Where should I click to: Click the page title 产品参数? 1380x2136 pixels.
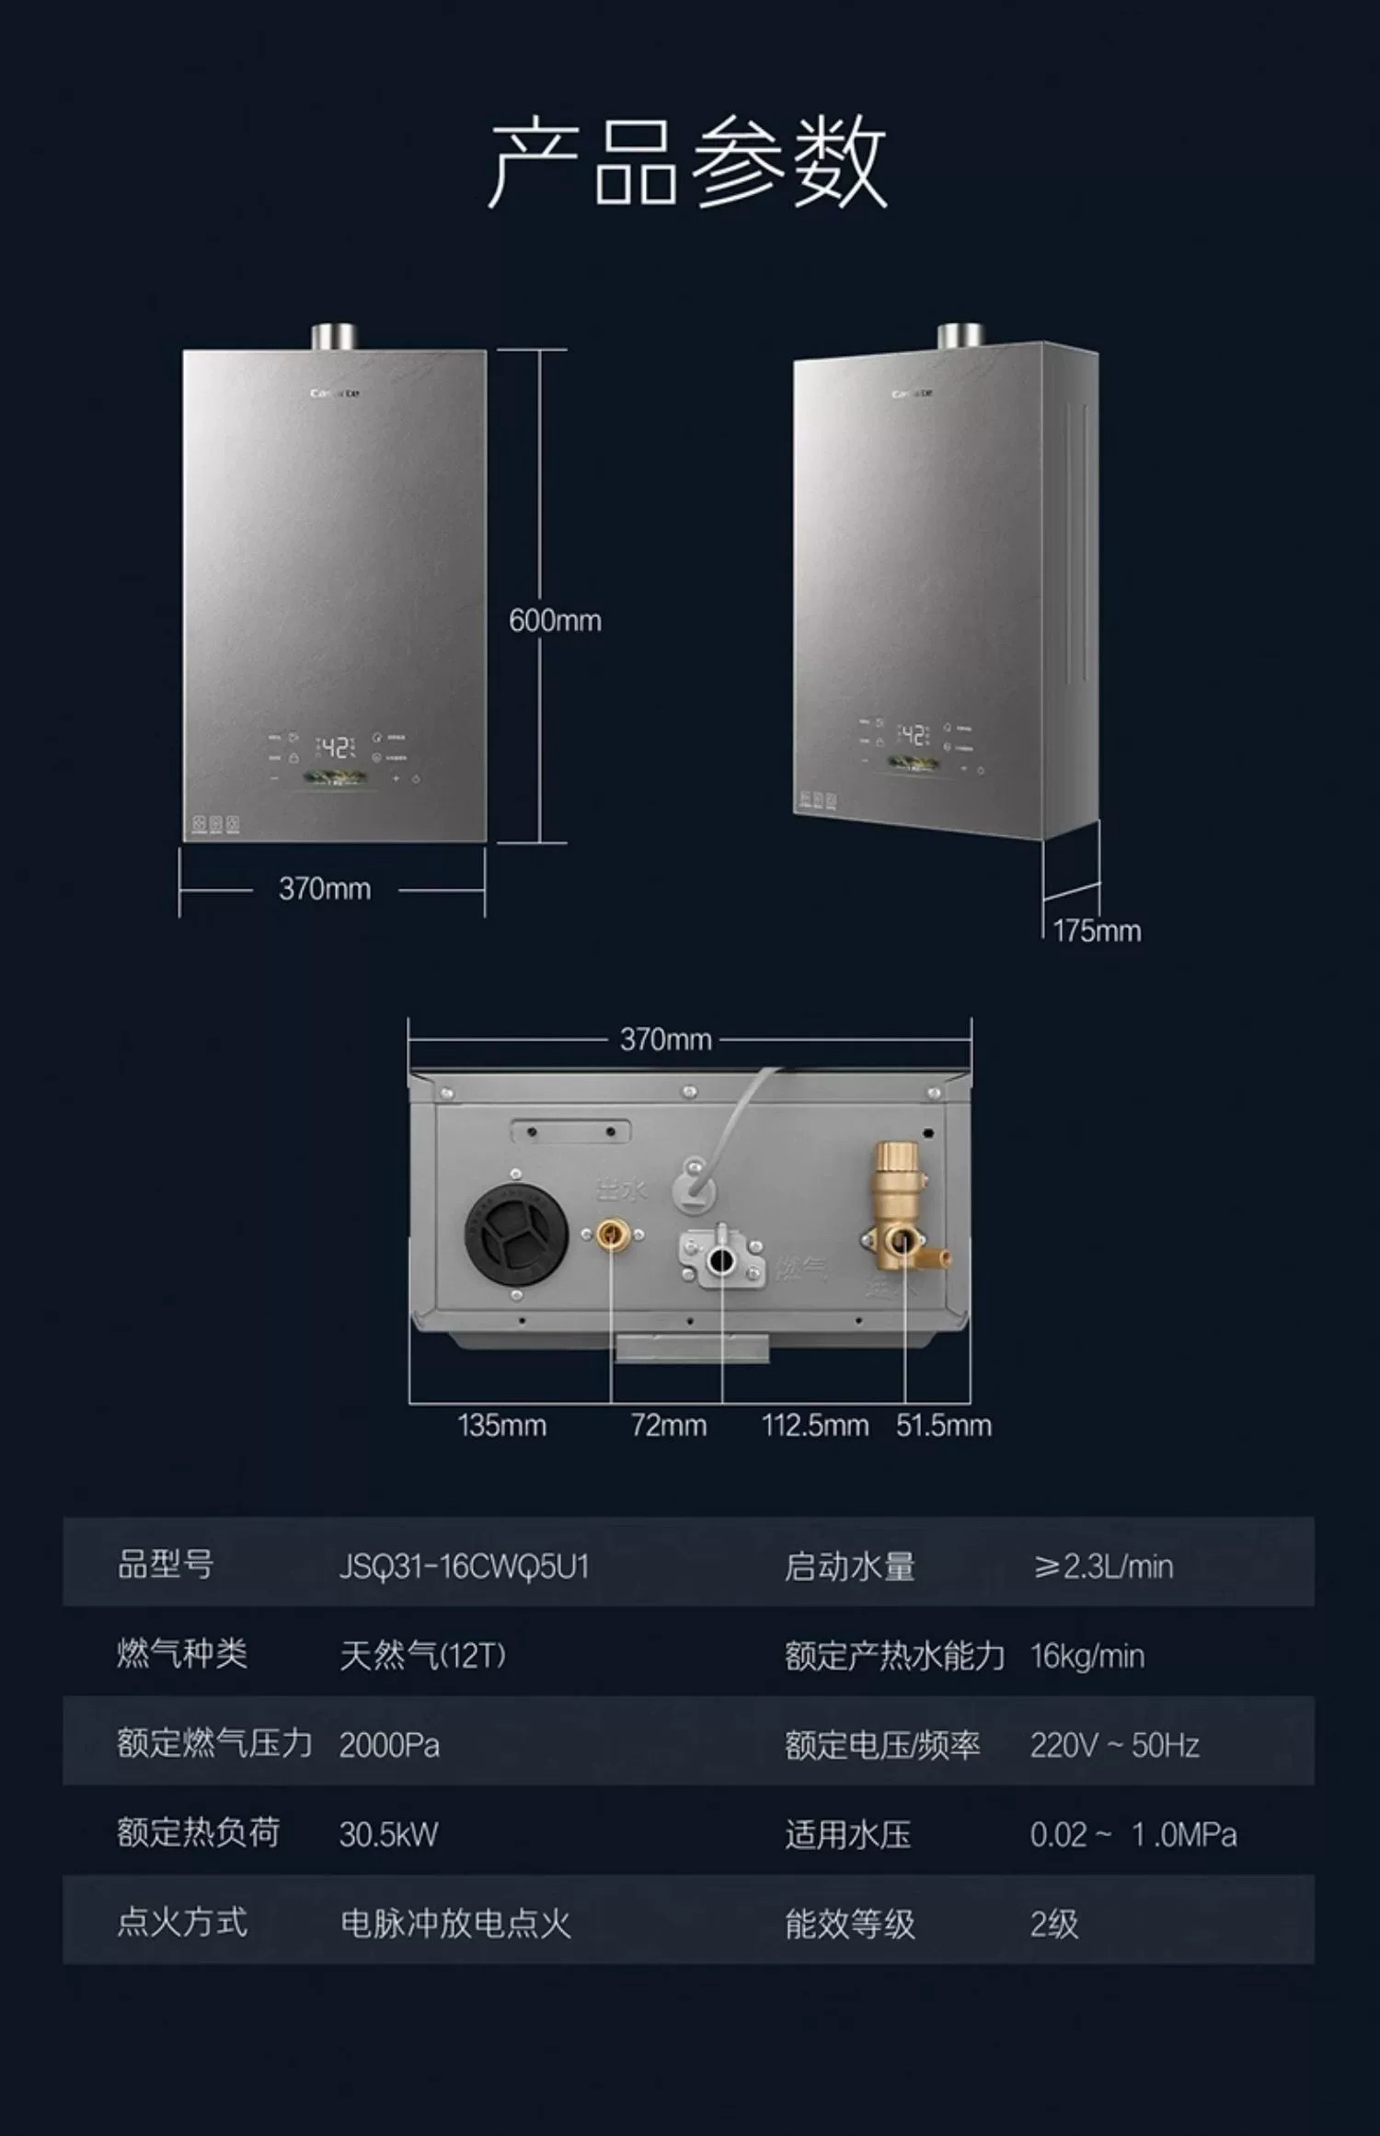pos(688,163)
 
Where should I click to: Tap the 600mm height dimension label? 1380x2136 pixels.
pos(555,621)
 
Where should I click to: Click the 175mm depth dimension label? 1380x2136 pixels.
pos(1097,931)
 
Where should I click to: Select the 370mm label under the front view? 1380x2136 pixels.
pos(325,890)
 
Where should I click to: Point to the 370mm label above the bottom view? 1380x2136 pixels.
pos(665,1040)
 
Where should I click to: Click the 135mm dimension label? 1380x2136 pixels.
pos(501,1426)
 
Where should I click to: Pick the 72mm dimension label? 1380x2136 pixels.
pos(668,1426)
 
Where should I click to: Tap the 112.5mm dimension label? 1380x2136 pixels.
pos(814,1426)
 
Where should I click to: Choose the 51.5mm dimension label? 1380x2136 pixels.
pos(943,1426)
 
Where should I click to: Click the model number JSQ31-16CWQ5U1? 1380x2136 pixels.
pos(464,1567)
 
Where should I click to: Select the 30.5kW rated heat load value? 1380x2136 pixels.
pos(388,1835)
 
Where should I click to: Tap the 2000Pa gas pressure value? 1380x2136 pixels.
pos(389,1745)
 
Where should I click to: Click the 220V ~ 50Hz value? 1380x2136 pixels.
pos(1114,1745)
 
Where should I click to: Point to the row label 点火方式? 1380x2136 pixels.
pos(182,1923)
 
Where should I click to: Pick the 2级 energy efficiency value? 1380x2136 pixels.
pos(1053,1924)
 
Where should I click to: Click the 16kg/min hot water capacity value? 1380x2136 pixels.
pos(1087,1657)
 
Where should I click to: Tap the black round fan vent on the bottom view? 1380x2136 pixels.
pos(515,1234)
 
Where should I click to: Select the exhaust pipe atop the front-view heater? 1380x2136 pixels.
pos(333,337)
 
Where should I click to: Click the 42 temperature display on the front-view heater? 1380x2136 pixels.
pos(336,747)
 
